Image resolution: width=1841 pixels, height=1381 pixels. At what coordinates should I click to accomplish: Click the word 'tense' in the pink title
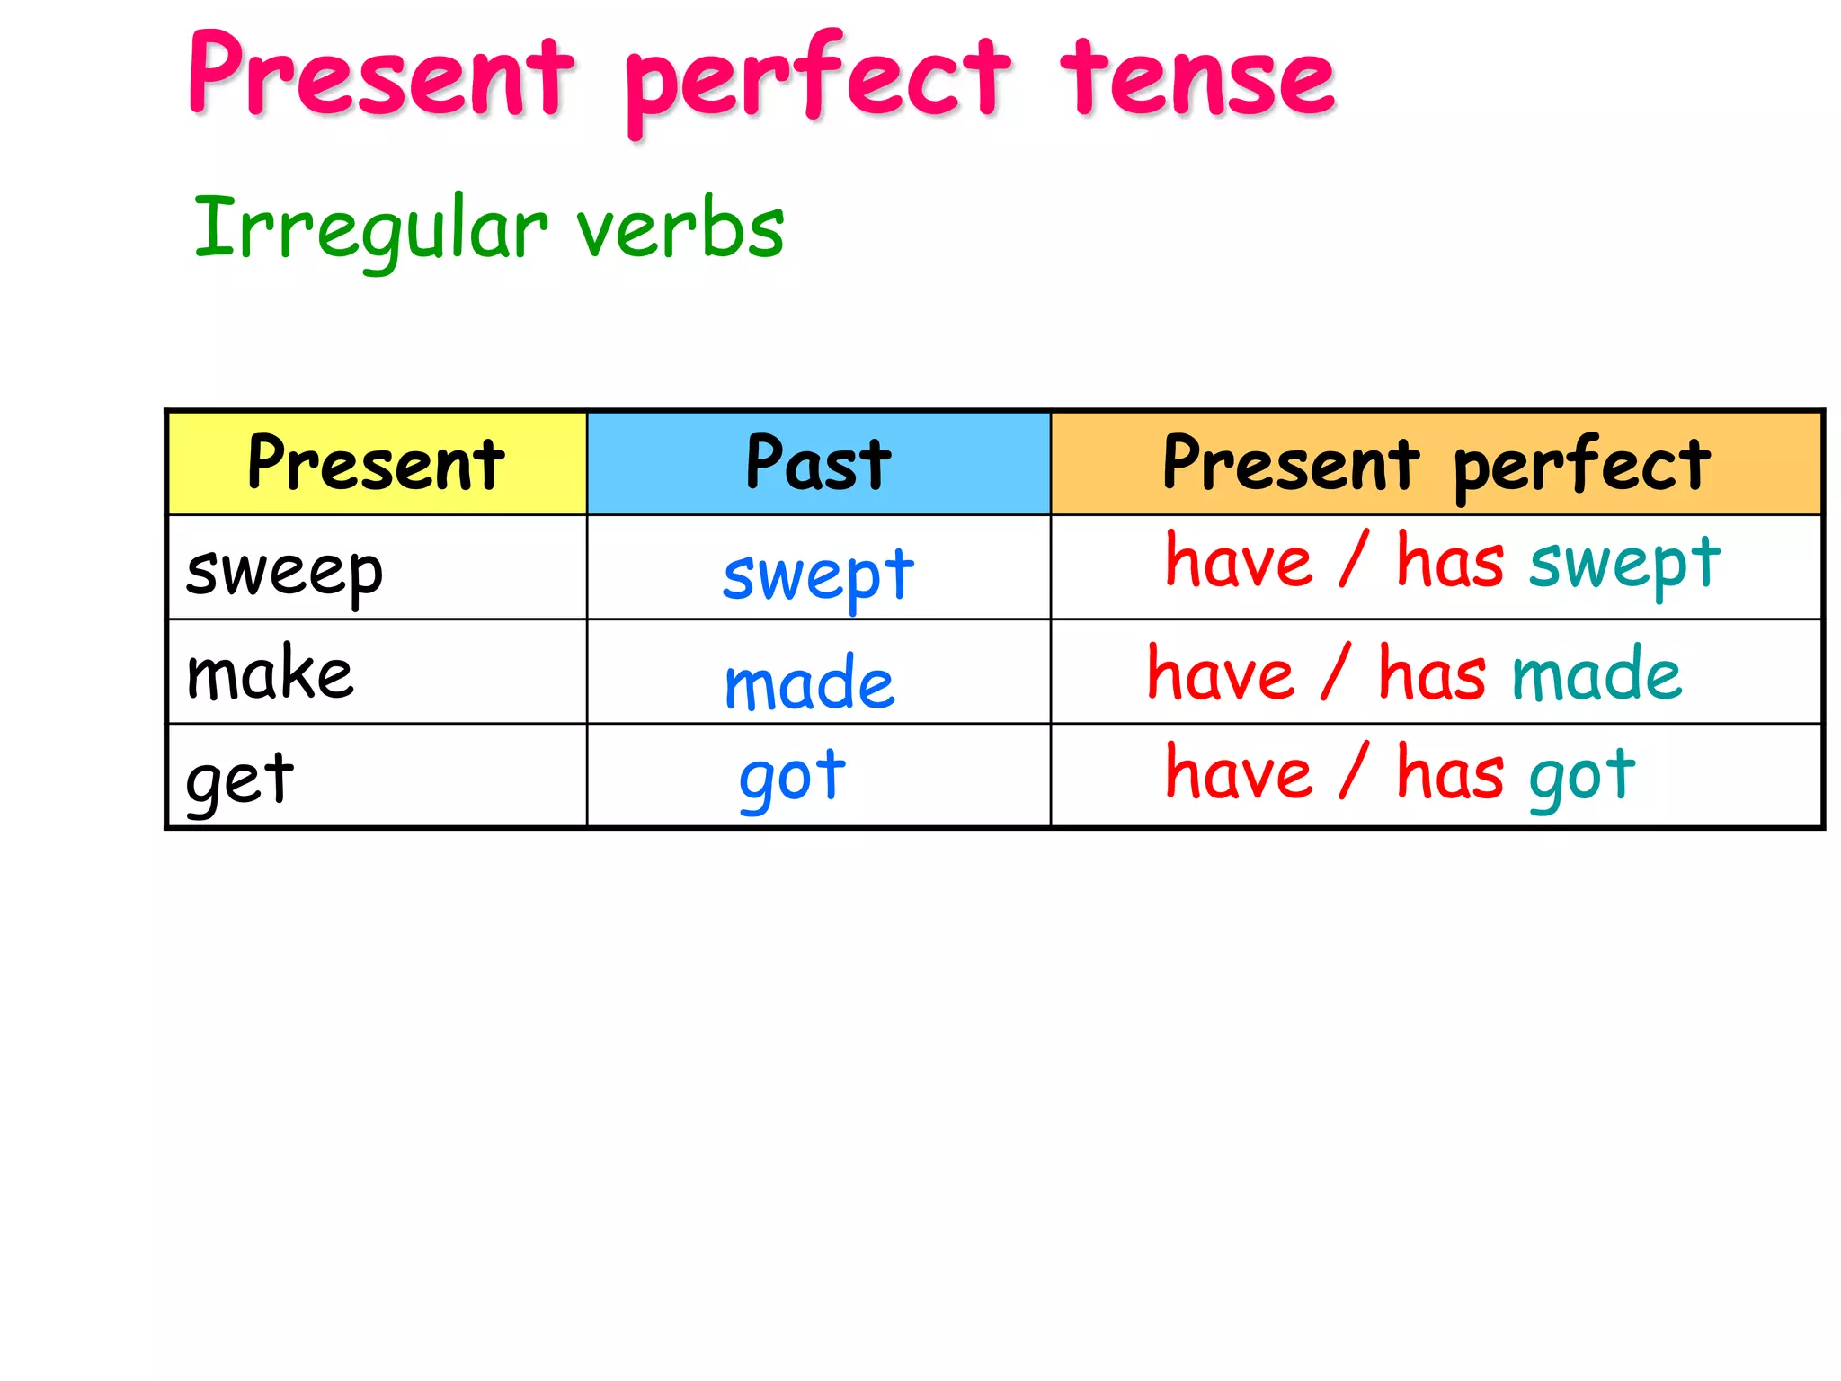pos(1197,79)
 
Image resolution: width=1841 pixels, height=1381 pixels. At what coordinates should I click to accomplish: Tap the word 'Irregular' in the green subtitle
pos(370,228)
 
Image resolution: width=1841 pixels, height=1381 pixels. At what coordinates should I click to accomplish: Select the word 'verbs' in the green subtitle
pos(680,228)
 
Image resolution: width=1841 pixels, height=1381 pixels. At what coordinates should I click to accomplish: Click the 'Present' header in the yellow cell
pos(376,463)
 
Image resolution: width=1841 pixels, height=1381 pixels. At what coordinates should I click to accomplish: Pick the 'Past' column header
pos(818,463)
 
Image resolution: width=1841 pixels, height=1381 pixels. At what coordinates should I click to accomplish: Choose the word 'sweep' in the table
pos(284,573)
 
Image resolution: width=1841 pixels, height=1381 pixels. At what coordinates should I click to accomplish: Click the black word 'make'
pos(270,674)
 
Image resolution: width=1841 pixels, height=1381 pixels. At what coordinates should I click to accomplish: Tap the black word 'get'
pos(239,779)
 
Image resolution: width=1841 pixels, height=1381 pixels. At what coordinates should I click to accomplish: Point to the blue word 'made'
pos(809,683)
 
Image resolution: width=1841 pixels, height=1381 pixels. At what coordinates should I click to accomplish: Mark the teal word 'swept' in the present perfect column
pos(1624,564)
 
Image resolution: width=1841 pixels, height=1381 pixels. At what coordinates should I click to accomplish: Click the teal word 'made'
pos(1596,674)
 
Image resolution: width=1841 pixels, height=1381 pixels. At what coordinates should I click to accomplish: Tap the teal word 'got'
pos(1582,775)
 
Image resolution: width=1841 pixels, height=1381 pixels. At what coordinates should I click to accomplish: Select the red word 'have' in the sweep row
pos(1239,562)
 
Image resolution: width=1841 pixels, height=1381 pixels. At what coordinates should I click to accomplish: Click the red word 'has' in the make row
pos(1432,674)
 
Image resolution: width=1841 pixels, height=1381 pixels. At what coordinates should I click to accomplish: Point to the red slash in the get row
pos(1354,771)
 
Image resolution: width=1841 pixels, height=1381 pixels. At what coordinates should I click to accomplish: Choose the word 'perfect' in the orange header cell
pos(1581,466)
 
